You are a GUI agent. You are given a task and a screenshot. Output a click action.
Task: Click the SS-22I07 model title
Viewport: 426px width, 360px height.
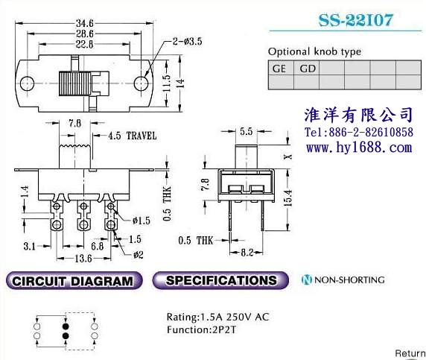pyautogui.click(x=356, y=20)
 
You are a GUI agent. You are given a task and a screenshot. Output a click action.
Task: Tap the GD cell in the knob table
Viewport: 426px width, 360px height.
pyautogui.click(x=306, y=68)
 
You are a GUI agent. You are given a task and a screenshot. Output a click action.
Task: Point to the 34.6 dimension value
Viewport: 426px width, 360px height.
pyautogui.click(x=84, y=23)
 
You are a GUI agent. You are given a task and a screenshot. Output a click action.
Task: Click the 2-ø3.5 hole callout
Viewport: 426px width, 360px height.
pyautogui.click(x=188, y=41)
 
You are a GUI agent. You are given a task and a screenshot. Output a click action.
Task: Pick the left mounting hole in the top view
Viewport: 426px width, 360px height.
pyautogui.click(x=27, y=83)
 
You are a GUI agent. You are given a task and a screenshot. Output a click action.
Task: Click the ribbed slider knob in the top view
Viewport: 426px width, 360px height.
pyautogui.click(x=74, y=83)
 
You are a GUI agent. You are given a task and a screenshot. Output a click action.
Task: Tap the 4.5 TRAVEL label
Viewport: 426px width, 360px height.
pyautogui.click(x=133, y=136)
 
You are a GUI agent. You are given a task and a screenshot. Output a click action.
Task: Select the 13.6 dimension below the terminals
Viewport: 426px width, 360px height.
pyautogui.click(x=83, y=258)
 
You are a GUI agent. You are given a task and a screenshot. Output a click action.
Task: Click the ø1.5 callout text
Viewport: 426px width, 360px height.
pyautogui.click(x=142, y=221)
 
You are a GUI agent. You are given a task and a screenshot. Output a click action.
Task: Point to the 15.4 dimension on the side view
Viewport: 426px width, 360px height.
pyautogui.click(x=288, y=198)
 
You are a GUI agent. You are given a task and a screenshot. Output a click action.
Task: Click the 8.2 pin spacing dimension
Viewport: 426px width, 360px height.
pyautogui.click(x=247, y=253)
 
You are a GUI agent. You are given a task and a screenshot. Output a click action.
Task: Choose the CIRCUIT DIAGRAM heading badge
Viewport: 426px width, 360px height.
pyautogui.click(x=74, y=280)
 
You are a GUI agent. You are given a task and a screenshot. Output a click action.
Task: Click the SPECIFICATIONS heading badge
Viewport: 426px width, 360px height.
pyautogui.click(x=220, y=280)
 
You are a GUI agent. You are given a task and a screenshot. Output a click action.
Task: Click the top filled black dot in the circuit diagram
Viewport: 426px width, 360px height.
pyautogui.click(x=66, y=326)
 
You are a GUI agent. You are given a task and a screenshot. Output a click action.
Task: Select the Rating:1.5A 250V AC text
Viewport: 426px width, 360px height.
pyautogui.click(x=218, y=317)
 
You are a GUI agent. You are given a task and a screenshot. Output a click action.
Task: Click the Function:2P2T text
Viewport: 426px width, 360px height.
pyautogui.click(x=201, y=330)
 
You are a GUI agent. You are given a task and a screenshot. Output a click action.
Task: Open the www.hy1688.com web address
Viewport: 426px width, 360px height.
pyautogui.click(x=359, y=148)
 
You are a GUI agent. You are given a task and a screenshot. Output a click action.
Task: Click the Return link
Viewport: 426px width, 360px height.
pyautogui.click(x=410, y=353)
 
